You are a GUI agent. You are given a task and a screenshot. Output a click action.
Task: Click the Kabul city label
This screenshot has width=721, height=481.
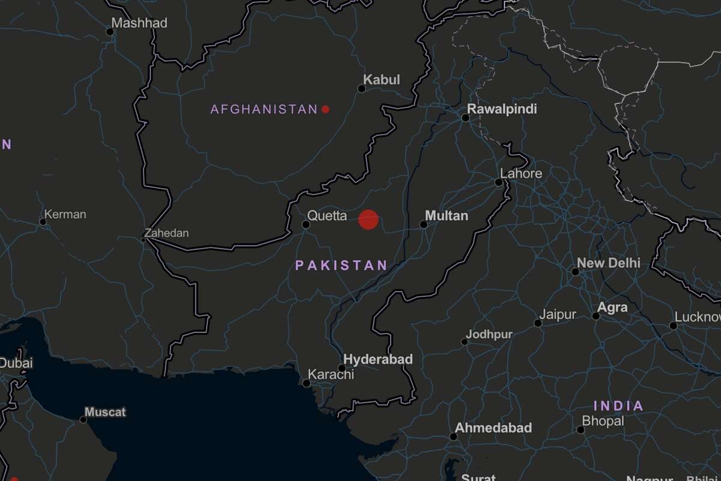[x=382, y=80]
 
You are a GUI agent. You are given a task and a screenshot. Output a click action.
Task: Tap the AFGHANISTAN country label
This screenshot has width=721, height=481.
[x=264, y=109]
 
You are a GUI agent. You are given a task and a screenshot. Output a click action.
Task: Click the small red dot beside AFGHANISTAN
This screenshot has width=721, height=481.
[x=325, y=109]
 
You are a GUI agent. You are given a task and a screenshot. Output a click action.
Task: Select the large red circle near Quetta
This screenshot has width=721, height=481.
[x=368, y=219]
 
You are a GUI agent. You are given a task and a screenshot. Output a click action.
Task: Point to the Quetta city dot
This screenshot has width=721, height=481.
[x=305, y=224]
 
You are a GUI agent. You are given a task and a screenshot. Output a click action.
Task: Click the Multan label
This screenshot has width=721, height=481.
[x=446, y=215]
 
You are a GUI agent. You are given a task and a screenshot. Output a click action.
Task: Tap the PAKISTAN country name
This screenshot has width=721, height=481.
[x=341, y=265]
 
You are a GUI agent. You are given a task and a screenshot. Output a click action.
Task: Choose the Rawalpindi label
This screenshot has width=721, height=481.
[x=502, y=109]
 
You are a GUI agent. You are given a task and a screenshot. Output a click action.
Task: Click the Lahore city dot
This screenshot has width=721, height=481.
[x=498, y=182]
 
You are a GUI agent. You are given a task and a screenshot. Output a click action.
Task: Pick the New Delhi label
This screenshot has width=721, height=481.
[x=608, y=263]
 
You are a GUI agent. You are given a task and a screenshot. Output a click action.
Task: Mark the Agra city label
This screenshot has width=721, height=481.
[x=612, y=307]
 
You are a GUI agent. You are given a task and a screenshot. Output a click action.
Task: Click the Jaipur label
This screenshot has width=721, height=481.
[x=557, y=314]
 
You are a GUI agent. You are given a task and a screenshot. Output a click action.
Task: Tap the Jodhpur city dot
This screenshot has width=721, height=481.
[x=464, y=342]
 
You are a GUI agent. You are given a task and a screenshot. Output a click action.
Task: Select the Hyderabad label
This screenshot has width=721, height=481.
[x=378, y=360]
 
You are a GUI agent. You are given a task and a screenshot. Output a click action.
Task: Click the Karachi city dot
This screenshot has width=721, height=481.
[x=306, y=383]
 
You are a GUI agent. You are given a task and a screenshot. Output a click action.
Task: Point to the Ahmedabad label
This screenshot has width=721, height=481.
[x=493, y=428]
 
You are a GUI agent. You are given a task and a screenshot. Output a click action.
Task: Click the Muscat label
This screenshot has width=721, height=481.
[x=105, y=412]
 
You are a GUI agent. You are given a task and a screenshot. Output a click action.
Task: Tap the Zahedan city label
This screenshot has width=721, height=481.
[x=166, y=233]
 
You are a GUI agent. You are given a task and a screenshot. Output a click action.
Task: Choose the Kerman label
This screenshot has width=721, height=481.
[x=65, y=215]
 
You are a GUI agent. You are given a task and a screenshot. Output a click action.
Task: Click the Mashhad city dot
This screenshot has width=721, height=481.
[x=109, y=32]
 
